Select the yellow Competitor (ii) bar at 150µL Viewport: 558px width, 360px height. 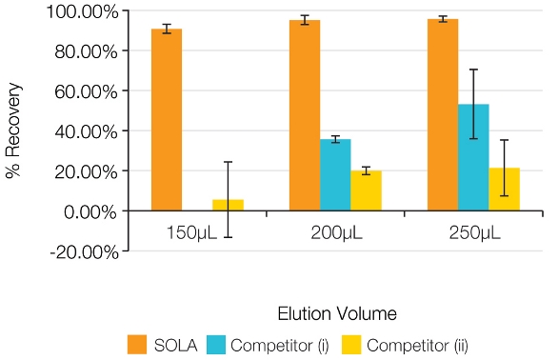pyautogui.click(x=229, y=205)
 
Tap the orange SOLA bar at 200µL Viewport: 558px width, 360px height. pyautogui.click(x=305, y=115)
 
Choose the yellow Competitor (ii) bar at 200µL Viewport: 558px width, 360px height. pyautogui.click(x=366, y=190)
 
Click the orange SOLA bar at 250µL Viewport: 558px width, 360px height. pyautogui.click(x=443, y=114)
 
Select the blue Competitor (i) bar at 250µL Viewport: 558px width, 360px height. pyautogui.click(x=473, y=157)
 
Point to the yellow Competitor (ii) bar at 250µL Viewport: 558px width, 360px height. pyautogui.click(x=504, y=190)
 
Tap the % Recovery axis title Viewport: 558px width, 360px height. pyautogui.click(x=14, y=131)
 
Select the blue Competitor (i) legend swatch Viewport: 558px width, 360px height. pyautogui.click(x=241, y=344)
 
